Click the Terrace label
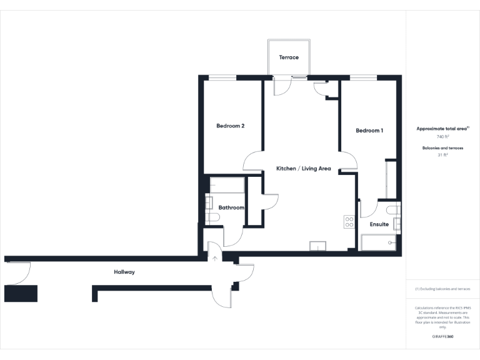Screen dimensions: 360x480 coord(289,57)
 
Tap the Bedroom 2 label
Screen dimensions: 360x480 coord(230,126)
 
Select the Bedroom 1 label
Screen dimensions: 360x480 coord(369,131)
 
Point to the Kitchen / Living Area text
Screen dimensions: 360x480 coord(304,169)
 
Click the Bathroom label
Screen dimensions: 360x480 coord(231,207)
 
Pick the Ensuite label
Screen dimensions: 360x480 coord(379,224)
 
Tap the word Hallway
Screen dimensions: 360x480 coord(124,272)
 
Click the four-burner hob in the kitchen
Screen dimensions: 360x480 coord(349,222)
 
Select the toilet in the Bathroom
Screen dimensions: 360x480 coord(212,217)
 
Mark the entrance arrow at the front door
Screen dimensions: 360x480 coord(215,257)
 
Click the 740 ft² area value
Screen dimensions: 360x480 coord(442,136)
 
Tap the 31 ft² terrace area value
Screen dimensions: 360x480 coord(442,155)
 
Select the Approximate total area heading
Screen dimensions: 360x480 coord(442,129)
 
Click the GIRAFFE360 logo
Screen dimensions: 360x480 coord(442,337)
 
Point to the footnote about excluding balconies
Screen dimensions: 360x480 coord(442,289)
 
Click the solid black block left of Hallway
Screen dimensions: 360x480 coord(21,293)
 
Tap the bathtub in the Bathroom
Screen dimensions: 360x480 coord(227,185)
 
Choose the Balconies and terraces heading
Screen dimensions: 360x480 coord(442,148)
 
